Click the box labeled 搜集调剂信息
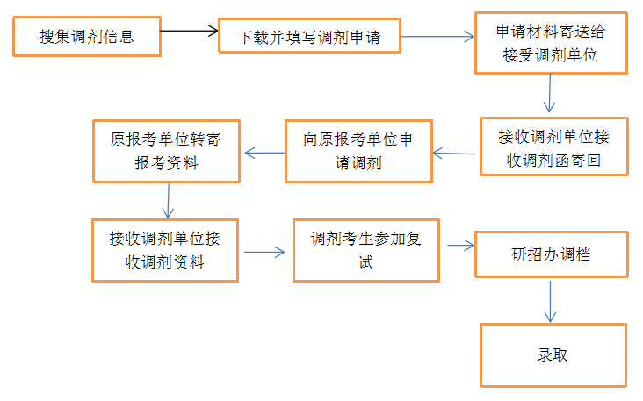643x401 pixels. (87, 36)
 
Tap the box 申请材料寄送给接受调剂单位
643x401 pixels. (550, 43)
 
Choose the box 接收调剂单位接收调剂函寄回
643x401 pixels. (553, 147)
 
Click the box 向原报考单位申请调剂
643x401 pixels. (358, 151)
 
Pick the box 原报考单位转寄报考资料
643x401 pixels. (166, 151)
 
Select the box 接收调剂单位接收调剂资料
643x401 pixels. (165, 250)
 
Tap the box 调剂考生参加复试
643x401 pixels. (365, 250)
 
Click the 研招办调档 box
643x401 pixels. (551, 254)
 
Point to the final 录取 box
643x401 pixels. (553, 354)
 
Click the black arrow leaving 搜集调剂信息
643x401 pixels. (189, 32)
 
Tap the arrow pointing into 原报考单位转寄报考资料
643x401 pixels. (264, 153)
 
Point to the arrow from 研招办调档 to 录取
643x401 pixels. (551, 301)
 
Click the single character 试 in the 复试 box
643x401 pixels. (365, 261)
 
